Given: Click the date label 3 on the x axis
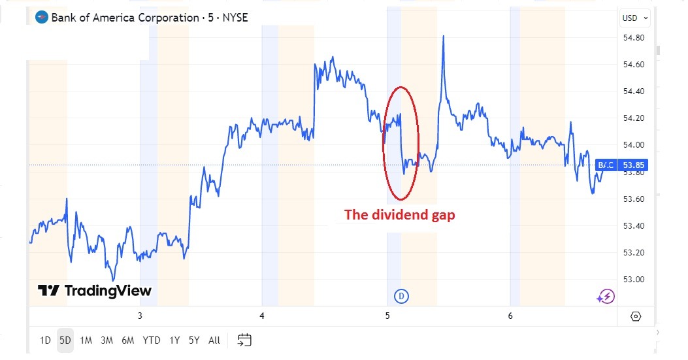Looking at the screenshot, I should tap(140, 316).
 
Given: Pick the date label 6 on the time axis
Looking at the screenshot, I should tap(510, 316).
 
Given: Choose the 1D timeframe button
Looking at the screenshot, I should tap(45, 340).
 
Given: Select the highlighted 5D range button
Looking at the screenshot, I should tap(65, 340).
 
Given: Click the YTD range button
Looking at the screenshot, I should tap(152, 340).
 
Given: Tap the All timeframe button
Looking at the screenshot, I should tap(214, 340).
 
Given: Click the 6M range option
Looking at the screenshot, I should tap(127, 340).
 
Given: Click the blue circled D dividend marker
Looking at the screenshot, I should tap(401, 297).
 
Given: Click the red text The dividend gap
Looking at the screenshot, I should tap(399, 215).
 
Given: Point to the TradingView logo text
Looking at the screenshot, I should tap(94, 291).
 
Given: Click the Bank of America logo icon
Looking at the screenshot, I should tap(42, 18).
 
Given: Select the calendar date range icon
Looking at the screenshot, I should tap(244, 340).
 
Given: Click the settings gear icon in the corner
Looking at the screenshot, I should tap(636, 317).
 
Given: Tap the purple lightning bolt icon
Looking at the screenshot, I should tap(605, 297).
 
